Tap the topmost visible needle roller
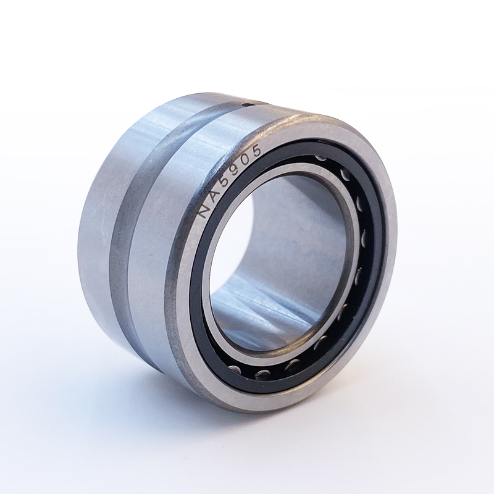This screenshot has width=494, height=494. pos(320,157)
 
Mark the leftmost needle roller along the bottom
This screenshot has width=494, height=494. pos(234,367)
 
